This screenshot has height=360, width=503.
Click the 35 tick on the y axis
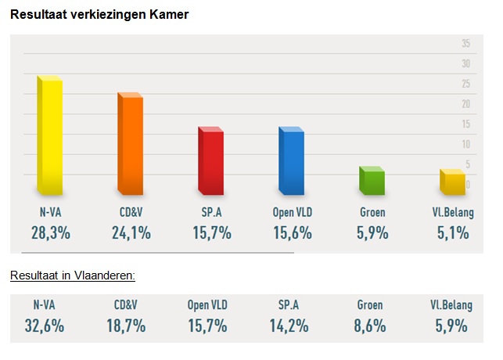(465, 43)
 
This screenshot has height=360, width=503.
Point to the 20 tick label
(465, 104)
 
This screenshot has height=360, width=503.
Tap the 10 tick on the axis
(465, 144)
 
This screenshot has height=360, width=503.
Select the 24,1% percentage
(131, 232)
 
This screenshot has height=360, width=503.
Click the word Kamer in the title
(171, 14)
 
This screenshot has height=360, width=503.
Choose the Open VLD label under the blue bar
(293, 212)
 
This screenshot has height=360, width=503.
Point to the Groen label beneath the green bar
(372, 212)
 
